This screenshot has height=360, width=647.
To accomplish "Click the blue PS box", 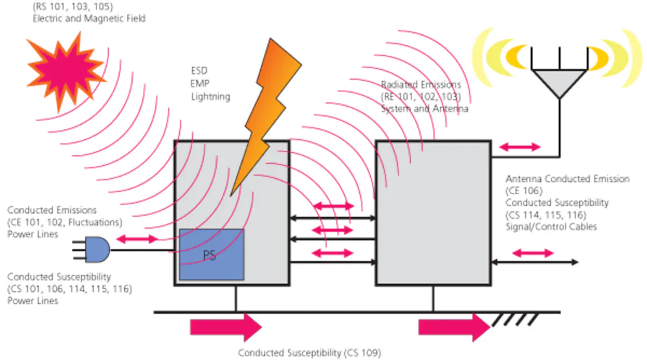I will pyautogui.click(x=211, y=254).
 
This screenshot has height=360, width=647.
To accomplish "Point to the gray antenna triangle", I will pyautogui.click(x=558, y=84).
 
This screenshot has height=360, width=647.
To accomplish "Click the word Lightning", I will pyautogui.click(x=210, y=96).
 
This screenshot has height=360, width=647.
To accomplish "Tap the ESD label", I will pyautogui.click(x=199, y=72).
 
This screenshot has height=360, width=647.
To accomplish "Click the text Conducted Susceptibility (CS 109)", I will pyautogui.click(x=309, y=353).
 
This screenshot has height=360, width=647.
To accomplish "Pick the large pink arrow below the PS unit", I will pyautogui.click(x=226, y=328).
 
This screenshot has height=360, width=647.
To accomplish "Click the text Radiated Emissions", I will pyautogui.click(x=421, y=85).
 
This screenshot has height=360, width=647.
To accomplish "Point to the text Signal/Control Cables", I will pyautogui.click(x=551, y=227).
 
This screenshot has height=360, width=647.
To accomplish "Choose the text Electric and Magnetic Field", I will pyautogui.click(x=89, y=19).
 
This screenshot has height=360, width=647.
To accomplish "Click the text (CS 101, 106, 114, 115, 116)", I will pyautogui.click(x=70, y=289).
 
